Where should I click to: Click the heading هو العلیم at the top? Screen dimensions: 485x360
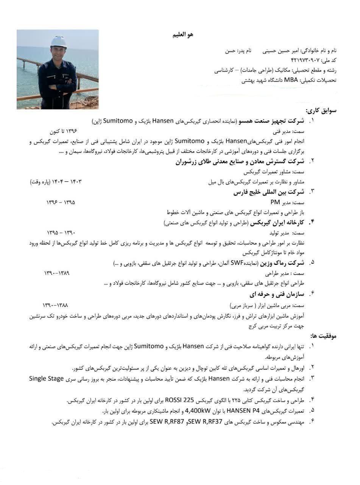(x=183, y=34)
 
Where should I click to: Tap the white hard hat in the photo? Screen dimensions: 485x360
(x=58, y=41)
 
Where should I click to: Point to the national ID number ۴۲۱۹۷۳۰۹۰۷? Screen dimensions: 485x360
(x=305, y=61)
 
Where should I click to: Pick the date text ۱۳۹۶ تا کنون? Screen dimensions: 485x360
(x=64, y=131)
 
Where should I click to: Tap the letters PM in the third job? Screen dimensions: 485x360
(x=275, y=202)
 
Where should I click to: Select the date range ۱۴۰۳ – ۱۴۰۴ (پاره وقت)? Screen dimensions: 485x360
(x=56, y=182)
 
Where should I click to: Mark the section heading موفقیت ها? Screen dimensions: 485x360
(x=323, y=336)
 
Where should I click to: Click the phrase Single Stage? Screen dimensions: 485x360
(x=47, y=379)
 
